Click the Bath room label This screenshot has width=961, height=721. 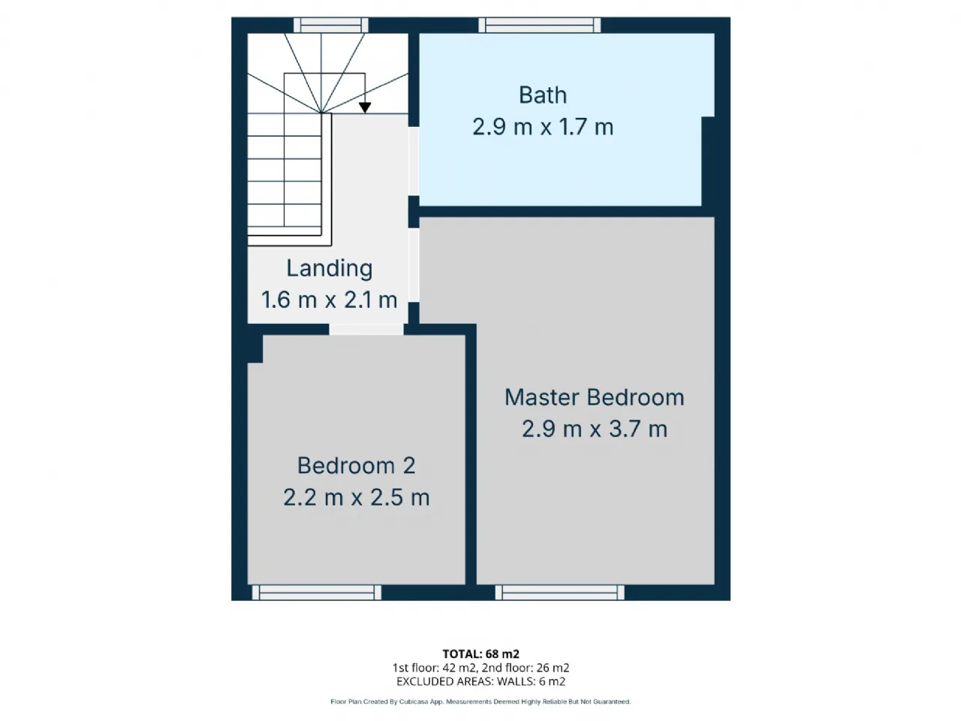[543, 95]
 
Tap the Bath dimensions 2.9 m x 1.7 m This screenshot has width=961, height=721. [543, 127]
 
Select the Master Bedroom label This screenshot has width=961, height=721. [594, 397]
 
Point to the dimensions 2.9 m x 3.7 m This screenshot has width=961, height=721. [594, 429]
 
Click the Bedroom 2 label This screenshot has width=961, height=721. [356, 466]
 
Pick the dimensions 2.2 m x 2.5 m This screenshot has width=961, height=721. [356, 497]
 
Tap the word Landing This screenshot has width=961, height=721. [330, 269]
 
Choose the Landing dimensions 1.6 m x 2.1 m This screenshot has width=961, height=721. [330, 300]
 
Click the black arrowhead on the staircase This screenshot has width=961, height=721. [365, 107]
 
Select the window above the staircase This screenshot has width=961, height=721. [330, 25]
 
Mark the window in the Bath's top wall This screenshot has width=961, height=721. [539, 25]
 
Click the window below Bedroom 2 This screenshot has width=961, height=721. [317, 593]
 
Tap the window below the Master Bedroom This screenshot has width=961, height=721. [559, 593]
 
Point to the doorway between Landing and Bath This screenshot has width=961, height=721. [414, 161]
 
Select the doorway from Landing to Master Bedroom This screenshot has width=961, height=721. [414, 265]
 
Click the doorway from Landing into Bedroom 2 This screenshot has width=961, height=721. [366, 329]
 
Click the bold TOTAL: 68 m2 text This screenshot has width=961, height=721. [480, 654]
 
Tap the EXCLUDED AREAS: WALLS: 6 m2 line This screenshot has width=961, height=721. [480, 682]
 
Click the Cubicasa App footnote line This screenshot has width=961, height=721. [480, 701]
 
